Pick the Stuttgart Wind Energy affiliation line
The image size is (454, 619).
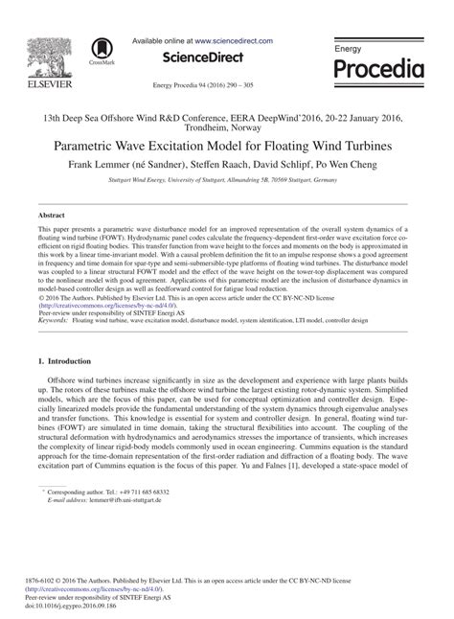226,178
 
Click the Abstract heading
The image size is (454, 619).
52,217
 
